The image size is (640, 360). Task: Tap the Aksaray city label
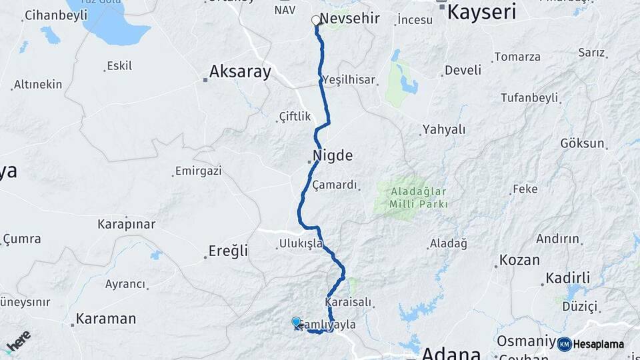tap(240, 72)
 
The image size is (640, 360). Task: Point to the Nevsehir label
tap(350, 18)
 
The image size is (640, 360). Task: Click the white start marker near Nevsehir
tap(316, 20)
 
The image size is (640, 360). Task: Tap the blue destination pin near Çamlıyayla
tap(296, 323)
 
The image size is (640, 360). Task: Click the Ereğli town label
tap(228, 251)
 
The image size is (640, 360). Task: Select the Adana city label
tap(451, 353)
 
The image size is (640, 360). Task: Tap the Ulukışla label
tap(301, 244)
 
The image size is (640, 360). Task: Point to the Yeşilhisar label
tap(350, 80)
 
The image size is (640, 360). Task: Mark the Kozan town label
tap(519, 260)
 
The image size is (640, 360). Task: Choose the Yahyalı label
tap(444, 130)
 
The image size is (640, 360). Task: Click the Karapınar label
tap(126, 224)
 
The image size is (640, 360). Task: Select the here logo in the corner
tap(18, 340)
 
